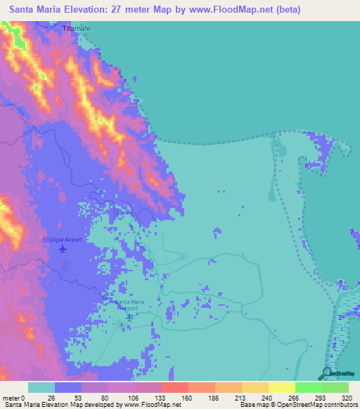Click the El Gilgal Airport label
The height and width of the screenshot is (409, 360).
point(62,240)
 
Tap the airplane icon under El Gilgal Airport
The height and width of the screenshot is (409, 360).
point(62,249)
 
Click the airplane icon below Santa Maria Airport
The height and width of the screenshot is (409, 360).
point(129,317)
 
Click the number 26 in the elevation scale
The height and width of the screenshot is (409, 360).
point(51,398)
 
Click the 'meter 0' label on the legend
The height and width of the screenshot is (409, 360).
point(15,398)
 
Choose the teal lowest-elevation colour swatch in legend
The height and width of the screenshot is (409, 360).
point(41,387)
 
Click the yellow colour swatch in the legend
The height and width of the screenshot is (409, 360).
point(281,387)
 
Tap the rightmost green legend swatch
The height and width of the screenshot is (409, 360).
point(335,387)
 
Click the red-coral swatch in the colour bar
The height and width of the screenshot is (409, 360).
point(174,387)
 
